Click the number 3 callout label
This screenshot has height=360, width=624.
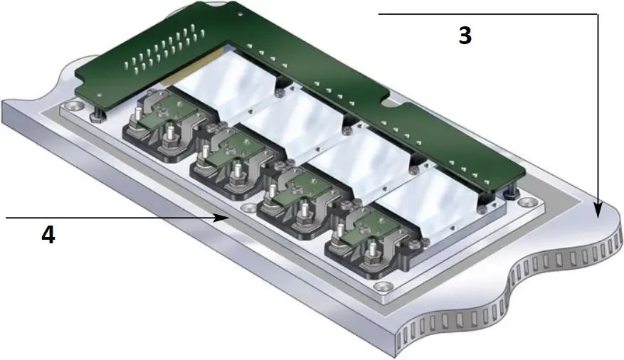pyautogui.click(x=465, y=36)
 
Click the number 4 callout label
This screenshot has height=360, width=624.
pyautogui.click(x=48, y=235)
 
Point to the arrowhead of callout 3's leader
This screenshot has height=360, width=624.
pyautogui.click(x=599, y=210)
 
